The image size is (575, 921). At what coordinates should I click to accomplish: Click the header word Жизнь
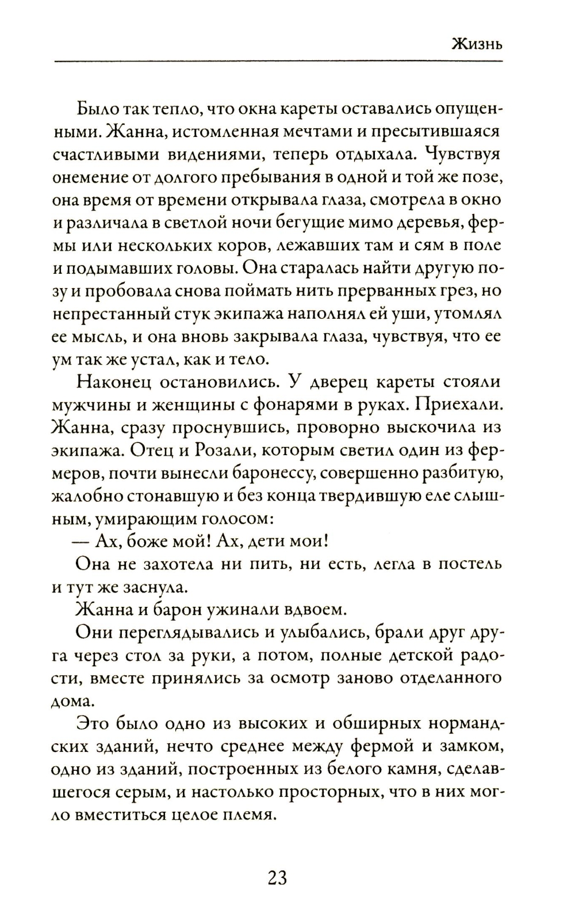tap(477, 44)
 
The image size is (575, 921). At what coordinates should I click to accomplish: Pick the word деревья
tap(430, 222)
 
